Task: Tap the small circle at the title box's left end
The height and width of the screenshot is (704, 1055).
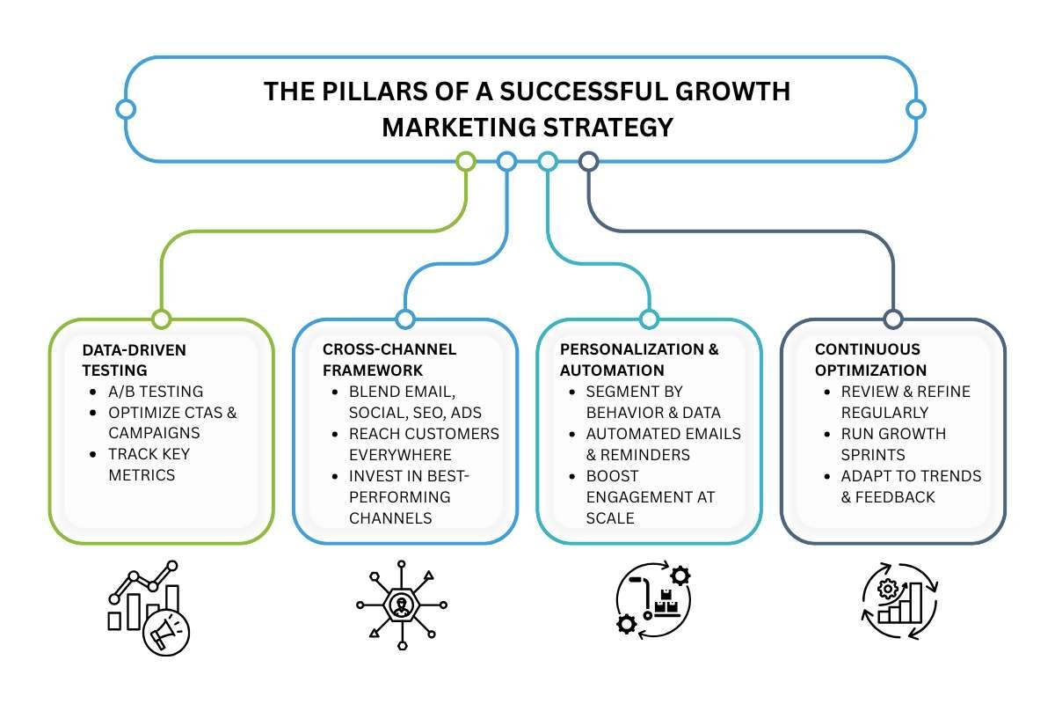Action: [x=126, y=109]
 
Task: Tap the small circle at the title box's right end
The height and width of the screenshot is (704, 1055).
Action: [x=915, y=109]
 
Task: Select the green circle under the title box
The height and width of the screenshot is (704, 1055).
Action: [x=466, y=161]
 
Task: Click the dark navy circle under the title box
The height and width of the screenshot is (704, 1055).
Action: [x=588, y=161]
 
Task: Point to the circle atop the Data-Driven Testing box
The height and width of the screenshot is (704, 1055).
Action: [x=161, y=319]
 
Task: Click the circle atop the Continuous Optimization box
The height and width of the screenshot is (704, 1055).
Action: [x=893, y=319]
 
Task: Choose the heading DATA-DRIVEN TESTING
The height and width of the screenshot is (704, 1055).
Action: [x=134, y=359]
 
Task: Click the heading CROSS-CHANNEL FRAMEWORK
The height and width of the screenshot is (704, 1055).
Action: [x=389, y=359]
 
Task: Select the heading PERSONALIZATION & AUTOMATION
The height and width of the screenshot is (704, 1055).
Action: [x=639, y=359]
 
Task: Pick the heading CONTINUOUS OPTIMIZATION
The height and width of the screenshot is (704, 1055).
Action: [x=870, y=359]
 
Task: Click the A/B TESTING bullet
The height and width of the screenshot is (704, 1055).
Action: [x=156, y=391]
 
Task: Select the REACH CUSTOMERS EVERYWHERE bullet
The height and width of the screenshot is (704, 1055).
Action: [x=424, y=444]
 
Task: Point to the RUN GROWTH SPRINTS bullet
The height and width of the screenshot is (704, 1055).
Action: [x=893, y=444]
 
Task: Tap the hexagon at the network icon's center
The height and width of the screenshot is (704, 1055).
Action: [x=402, y=605]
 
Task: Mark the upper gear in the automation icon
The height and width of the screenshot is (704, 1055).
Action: [x=680, y=576]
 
